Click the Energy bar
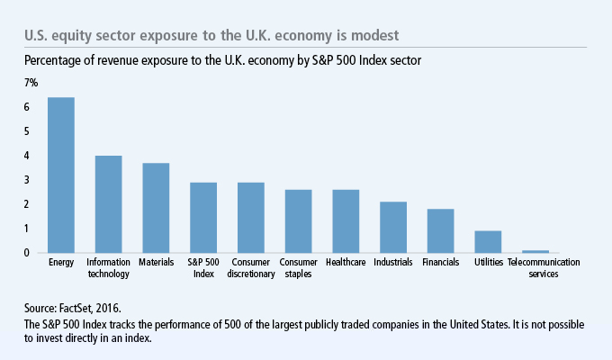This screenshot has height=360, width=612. (61, 175)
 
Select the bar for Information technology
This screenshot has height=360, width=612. (109, 204)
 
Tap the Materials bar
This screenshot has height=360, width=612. (156, 208)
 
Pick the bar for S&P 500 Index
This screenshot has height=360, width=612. (203, 218)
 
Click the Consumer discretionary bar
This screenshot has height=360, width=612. (251, 218)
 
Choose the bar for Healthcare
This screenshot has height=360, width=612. (346, 221)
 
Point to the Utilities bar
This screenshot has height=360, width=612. (488, 242)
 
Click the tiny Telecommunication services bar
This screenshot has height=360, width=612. (535, 251)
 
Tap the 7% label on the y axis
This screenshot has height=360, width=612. (31, 83)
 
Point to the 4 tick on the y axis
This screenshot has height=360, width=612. (27, 156)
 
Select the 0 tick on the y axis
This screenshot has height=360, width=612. (27, 253)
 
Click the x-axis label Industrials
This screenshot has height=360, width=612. (393, 263)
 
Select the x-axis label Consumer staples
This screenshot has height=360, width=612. (298, 268)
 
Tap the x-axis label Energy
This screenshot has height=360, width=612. (61, 263)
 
